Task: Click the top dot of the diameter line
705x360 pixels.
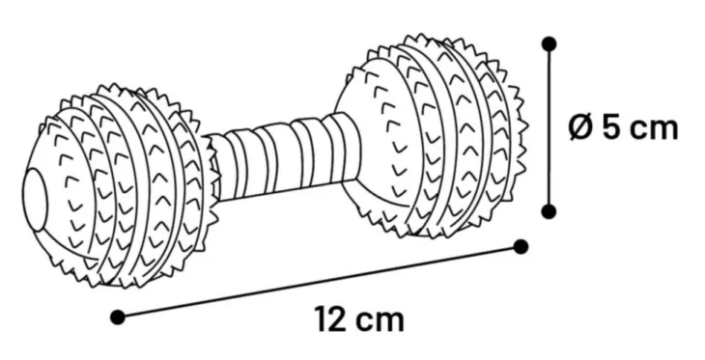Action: (x=549, y=44)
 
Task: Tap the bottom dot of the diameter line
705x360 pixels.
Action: (x=549, y=211)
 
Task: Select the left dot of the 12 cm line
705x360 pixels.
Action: (x=118, y=318)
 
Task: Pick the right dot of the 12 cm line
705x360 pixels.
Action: (x=521, y=247)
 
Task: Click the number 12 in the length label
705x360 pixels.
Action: (x=330, y=319)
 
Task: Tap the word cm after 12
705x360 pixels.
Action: (x=380, y=321)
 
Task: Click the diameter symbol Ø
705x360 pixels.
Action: (x=581, y=127)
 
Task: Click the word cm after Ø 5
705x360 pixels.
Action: (x=654, y=130)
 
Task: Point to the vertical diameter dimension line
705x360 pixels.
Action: (x=549, y=127)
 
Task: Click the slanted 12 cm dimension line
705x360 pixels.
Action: (x=320, y=282)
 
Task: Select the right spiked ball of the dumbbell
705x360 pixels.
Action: (x=432, y=135)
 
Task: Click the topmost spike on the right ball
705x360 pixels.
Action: (x=420, y=37)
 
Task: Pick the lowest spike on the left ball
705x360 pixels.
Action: (x=123, y=285)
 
